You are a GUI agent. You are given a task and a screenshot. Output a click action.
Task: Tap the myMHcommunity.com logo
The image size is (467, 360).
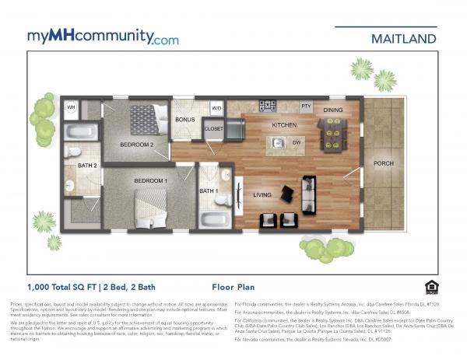pos(103,37)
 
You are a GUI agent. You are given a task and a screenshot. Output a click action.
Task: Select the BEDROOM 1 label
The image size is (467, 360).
pos(150,180)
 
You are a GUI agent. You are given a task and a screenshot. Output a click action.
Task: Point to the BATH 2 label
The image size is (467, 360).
pos(86,166)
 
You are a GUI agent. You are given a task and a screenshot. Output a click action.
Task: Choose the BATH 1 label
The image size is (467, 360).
pos(208,190)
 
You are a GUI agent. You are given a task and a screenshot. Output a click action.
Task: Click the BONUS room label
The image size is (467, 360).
pos(184,121)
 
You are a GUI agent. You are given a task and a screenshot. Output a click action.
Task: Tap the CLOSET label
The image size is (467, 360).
pos(213,129)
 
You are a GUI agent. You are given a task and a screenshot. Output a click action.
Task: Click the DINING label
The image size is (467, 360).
pos(333,110)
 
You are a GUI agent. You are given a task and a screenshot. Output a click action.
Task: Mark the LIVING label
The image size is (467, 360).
pos(262,195)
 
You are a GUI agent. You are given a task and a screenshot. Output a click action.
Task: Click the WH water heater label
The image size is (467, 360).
pos(71,107)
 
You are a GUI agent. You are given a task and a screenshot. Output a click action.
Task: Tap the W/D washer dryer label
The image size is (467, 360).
pos(216,107)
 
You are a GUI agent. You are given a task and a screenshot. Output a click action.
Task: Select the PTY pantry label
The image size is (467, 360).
pos(306,106)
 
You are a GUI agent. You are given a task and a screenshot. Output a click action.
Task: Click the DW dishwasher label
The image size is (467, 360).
pos(297,143)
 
